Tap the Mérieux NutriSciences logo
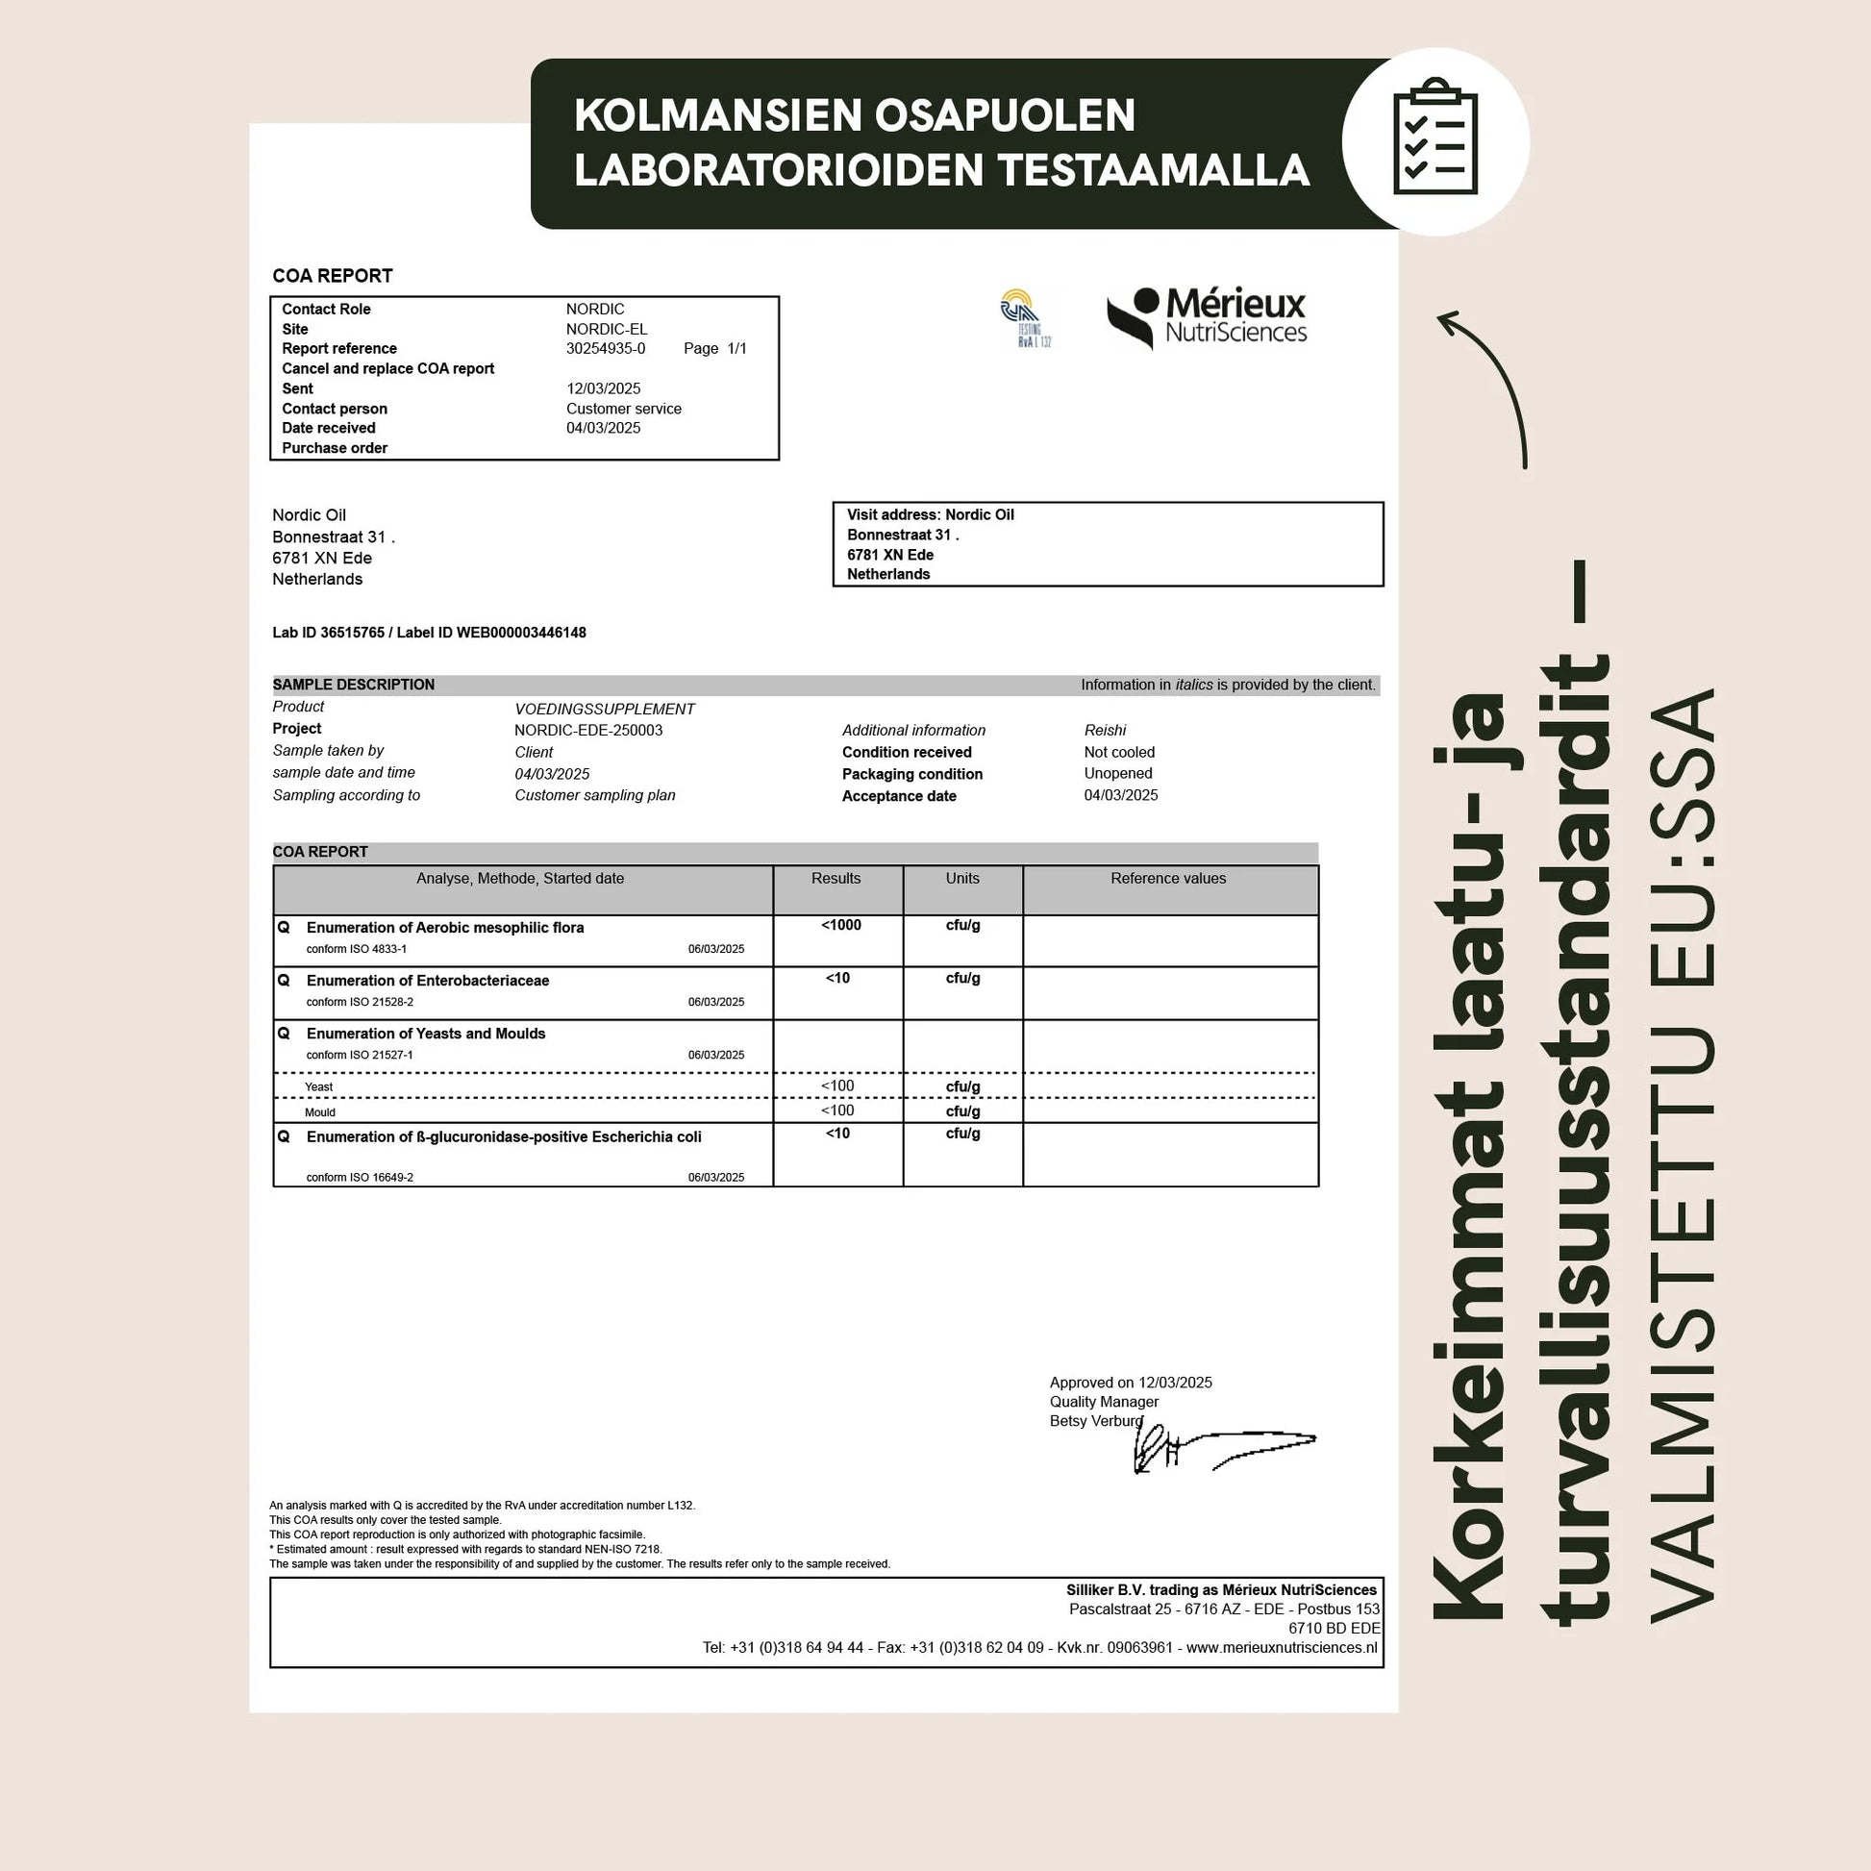tap(1207, 317)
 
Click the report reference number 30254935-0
tap(606, 349)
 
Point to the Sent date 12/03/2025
tap(604, 388)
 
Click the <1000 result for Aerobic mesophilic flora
tap(840, 925)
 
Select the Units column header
tap(961, 879)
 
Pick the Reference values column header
tap(1168, 879)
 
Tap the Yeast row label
tap(318, 1086)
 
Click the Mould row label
tap(319, 1111)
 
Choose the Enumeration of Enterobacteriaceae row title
tap(427, 980)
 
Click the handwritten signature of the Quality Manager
tap(1220, 1449)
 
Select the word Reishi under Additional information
tap(1105, 730)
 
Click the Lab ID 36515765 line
tap(429, 633)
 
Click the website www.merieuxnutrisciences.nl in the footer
tap(1282, 1647)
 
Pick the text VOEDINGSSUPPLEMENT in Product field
tap(605, 709)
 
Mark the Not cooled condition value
tap(1119, 753)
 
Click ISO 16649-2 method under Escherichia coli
tap(361, 1178)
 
